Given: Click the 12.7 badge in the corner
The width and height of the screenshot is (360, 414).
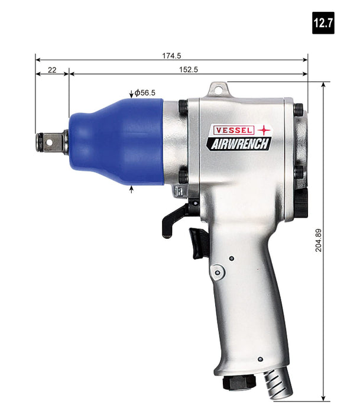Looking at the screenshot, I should coord(324,23).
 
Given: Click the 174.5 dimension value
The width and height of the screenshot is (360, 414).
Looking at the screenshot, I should coord(171,56).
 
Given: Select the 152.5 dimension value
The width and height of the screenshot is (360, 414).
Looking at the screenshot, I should coord(187,70).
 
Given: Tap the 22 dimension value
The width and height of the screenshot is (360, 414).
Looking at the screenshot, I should coord(52,70).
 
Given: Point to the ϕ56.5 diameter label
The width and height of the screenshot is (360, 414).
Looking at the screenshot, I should coord(144,92).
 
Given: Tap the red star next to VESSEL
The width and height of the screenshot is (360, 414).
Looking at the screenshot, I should coord(262,129).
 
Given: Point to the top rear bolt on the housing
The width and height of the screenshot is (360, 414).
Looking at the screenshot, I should coord(299,109).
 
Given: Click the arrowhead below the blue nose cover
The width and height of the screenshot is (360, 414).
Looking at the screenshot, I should coord(131,189).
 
